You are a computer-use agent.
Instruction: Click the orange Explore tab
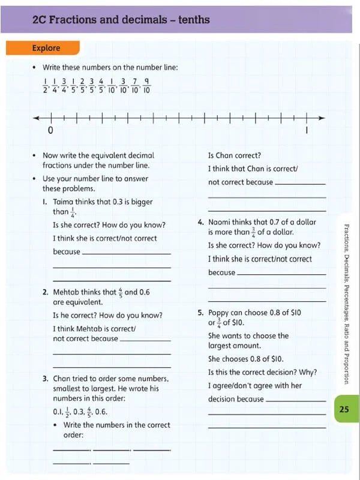tap(46, 48)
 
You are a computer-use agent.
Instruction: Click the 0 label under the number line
tap(50, 130)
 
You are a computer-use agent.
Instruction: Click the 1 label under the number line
tap(307, 130)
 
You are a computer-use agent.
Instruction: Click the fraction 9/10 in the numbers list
tap(146, 86)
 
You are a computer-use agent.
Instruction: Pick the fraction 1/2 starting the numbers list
tap(45, 86)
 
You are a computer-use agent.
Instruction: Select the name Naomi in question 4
tap(221, 222)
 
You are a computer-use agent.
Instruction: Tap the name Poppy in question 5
tap(220, 313)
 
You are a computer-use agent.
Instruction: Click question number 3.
tap(46, 379)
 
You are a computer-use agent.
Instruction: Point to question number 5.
tap(200, 313)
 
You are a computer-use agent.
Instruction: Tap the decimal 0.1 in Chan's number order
tap(58, 412)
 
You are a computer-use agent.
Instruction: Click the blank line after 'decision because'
tap(295, 400)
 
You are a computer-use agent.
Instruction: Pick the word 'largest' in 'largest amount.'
tap(221, 346)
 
